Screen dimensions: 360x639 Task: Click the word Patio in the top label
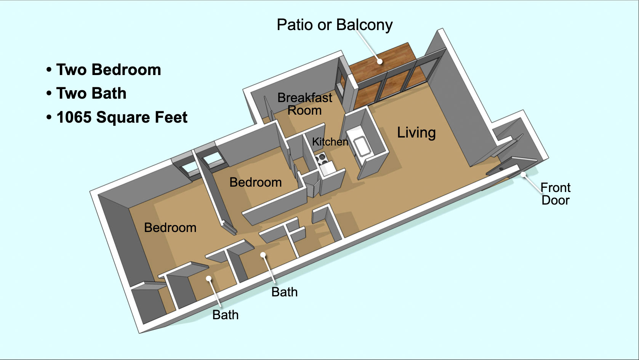(x=295, y=25)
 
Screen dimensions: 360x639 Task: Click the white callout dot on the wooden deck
(x=380, y=61)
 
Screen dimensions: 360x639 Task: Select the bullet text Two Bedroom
(x=109, y=70)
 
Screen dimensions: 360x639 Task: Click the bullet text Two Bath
(x=91, y=93)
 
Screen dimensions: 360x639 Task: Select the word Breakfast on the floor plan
(x=304, y=98)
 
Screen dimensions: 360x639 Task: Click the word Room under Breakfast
(x=304, y=110)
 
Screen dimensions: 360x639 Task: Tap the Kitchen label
(x=330, y=142)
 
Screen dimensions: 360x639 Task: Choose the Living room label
(x=416, y=133)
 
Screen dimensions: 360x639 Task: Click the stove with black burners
(x=322, y=157)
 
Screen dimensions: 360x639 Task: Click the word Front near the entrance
(x=555, y=187)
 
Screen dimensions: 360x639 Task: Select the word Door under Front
(x=555, y=200)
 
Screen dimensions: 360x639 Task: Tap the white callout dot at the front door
(x=524, y=174)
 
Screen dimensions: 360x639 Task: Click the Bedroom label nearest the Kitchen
(x=255, y=182)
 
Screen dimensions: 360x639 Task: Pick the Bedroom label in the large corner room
(x=170, y=227)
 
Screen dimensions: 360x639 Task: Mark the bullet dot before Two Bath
(x=49, y=94)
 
